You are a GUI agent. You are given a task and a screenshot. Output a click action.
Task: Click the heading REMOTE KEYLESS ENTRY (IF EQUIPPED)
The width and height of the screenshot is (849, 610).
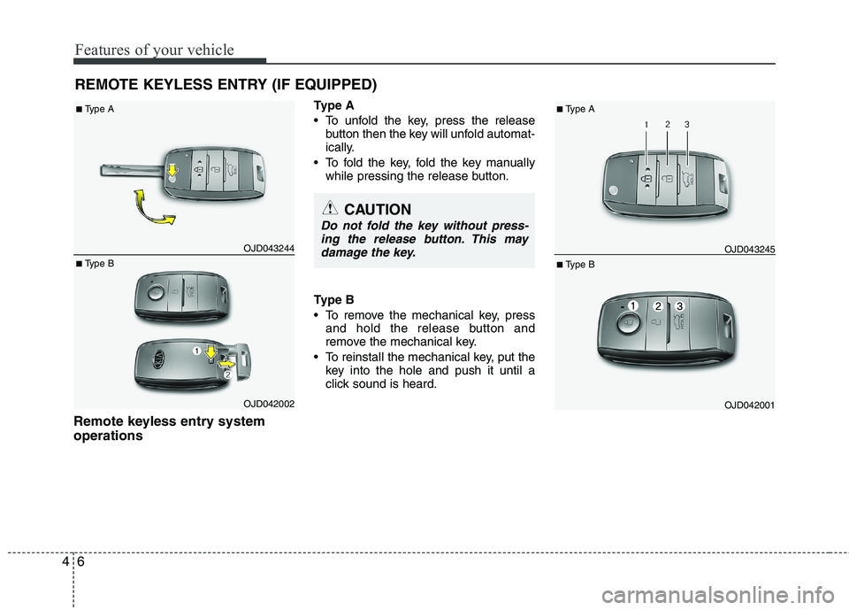(226, 85)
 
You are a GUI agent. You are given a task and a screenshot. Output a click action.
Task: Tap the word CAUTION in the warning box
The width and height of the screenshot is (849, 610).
(378, 209)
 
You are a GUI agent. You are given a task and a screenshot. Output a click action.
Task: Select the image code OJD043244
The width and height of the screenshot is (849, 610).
(269, 249)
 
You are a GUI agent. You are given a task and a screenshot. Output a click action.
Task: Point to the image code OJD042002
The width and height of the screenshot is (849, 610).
(269, 404)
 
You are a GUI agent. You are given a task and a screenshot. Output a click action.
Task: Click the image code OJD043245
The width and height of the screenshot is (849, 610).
(749, 250)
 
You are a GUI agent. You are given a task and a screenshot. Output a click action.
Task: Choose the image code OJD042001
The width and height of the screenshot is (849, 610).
(749, 405)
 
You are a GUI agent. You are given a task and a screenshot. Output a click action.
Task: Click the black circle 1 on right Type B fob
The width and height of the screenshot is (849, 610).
(634, 305)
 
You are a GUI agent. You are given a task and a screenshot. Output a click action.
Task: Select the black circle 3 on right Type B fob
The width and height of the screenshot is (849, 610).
(679, 305)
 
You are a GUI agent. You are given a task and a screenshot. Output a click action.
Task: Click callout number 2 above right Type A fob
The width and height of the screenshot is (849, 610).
(668, 126)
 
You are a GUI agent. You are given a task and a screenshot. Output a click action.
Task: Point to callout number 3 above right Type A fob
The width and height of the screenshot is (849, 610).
(687, 126)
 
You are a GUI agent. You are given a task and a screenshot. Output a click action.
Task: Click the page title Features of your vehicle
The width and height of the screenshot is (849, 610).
(155, 50)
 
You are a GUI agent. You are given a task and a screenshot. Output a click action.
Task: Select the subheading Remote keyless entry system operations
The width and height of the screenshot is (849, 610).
(169, 429)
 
